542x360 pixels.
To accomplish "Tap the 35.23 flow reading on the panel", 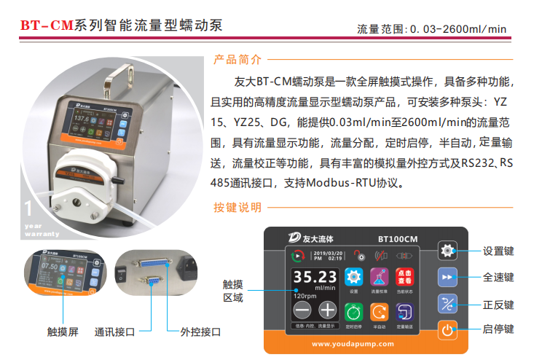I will (315, 277).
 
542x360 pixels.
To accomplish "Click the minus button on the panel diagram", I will (302, 309).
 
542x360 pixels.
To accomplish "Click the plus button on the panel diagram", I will (329, 309).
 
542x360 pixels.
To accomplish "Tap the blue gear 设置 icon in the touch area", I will (353, 277).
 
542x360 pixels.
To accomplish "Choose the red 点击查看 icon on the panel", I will (404, 277).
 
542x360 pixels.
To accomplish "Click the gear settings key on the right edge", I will (447, 251).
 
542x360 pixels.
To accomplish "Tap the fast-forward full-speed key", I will (447, 278).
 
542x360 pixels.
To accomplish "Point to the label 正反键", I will (498, 305).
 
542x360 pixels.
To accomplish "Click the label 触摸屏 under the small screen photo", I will (63, 332).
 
